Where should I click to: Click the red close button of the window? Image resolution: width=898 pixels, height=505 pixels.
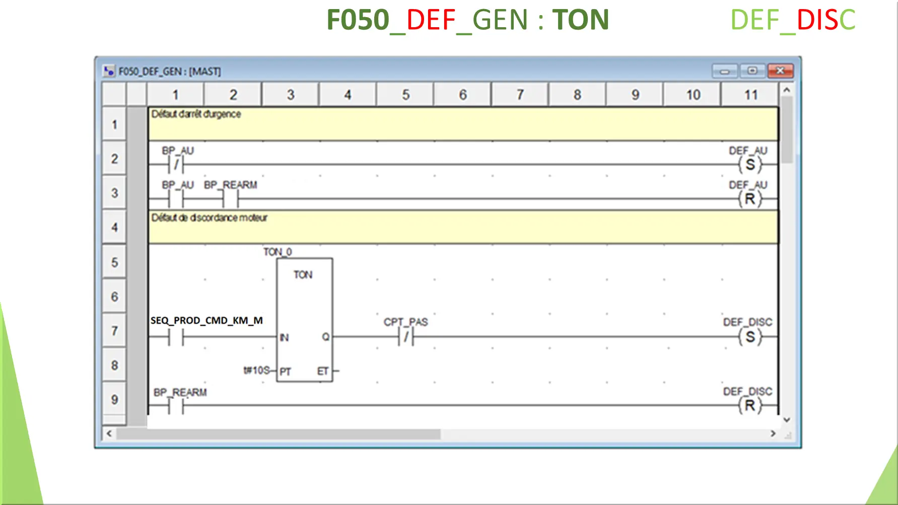[780, 71]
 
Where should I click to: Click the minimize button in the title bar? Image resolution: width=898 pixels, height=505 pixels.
[724, 71]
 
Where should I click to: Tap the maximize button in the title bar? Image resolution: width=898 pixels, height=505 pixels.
[752, 71]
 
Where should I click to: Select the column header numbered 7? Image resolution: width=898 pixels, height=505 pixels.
[520, 95]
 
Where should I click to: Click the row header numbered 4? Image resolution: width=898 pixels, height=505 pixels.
[114, 228]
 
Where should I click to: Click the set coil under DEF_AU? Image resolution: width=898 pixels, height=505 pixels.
[750, 165]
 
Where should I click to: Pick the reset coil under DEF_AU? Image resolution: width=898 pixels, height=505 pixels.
[750, 199]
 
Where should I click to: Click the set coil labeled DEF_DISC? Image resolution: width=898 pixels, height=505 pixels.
[750, 337]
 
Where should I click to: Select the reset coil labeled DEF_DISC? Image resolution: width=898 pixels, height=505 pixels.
[750, 405]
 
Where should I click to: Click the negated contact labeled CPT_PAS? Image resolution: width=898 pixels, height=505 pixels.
[406, 337]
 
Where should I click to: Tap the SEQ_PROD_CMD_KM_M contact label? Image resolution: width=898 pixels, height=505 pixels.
[206, 321]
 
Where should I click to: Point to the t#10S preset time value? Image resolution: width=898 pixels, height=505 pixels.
[256, 371]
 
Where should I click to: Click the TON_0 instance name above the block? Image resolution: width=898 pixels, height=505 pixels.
[278, 252]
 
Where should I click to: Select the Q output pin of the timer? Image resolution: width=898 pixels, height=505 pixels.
[325, 337]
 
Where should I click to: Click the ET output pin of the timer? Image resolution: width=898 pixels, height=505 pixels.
[323, 371]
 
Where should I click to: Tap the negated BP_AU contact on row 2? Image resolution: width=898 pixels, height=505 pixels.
[176, 165]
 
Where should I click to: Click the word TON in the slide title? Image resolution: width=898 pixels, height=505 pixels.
[580, 20]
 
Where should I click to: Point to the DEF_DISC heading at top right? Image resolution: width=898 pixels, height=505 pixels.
[792, 20]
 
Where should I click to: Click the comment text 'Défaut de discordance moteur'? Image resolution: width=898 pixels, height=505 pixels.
[209, 218]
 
